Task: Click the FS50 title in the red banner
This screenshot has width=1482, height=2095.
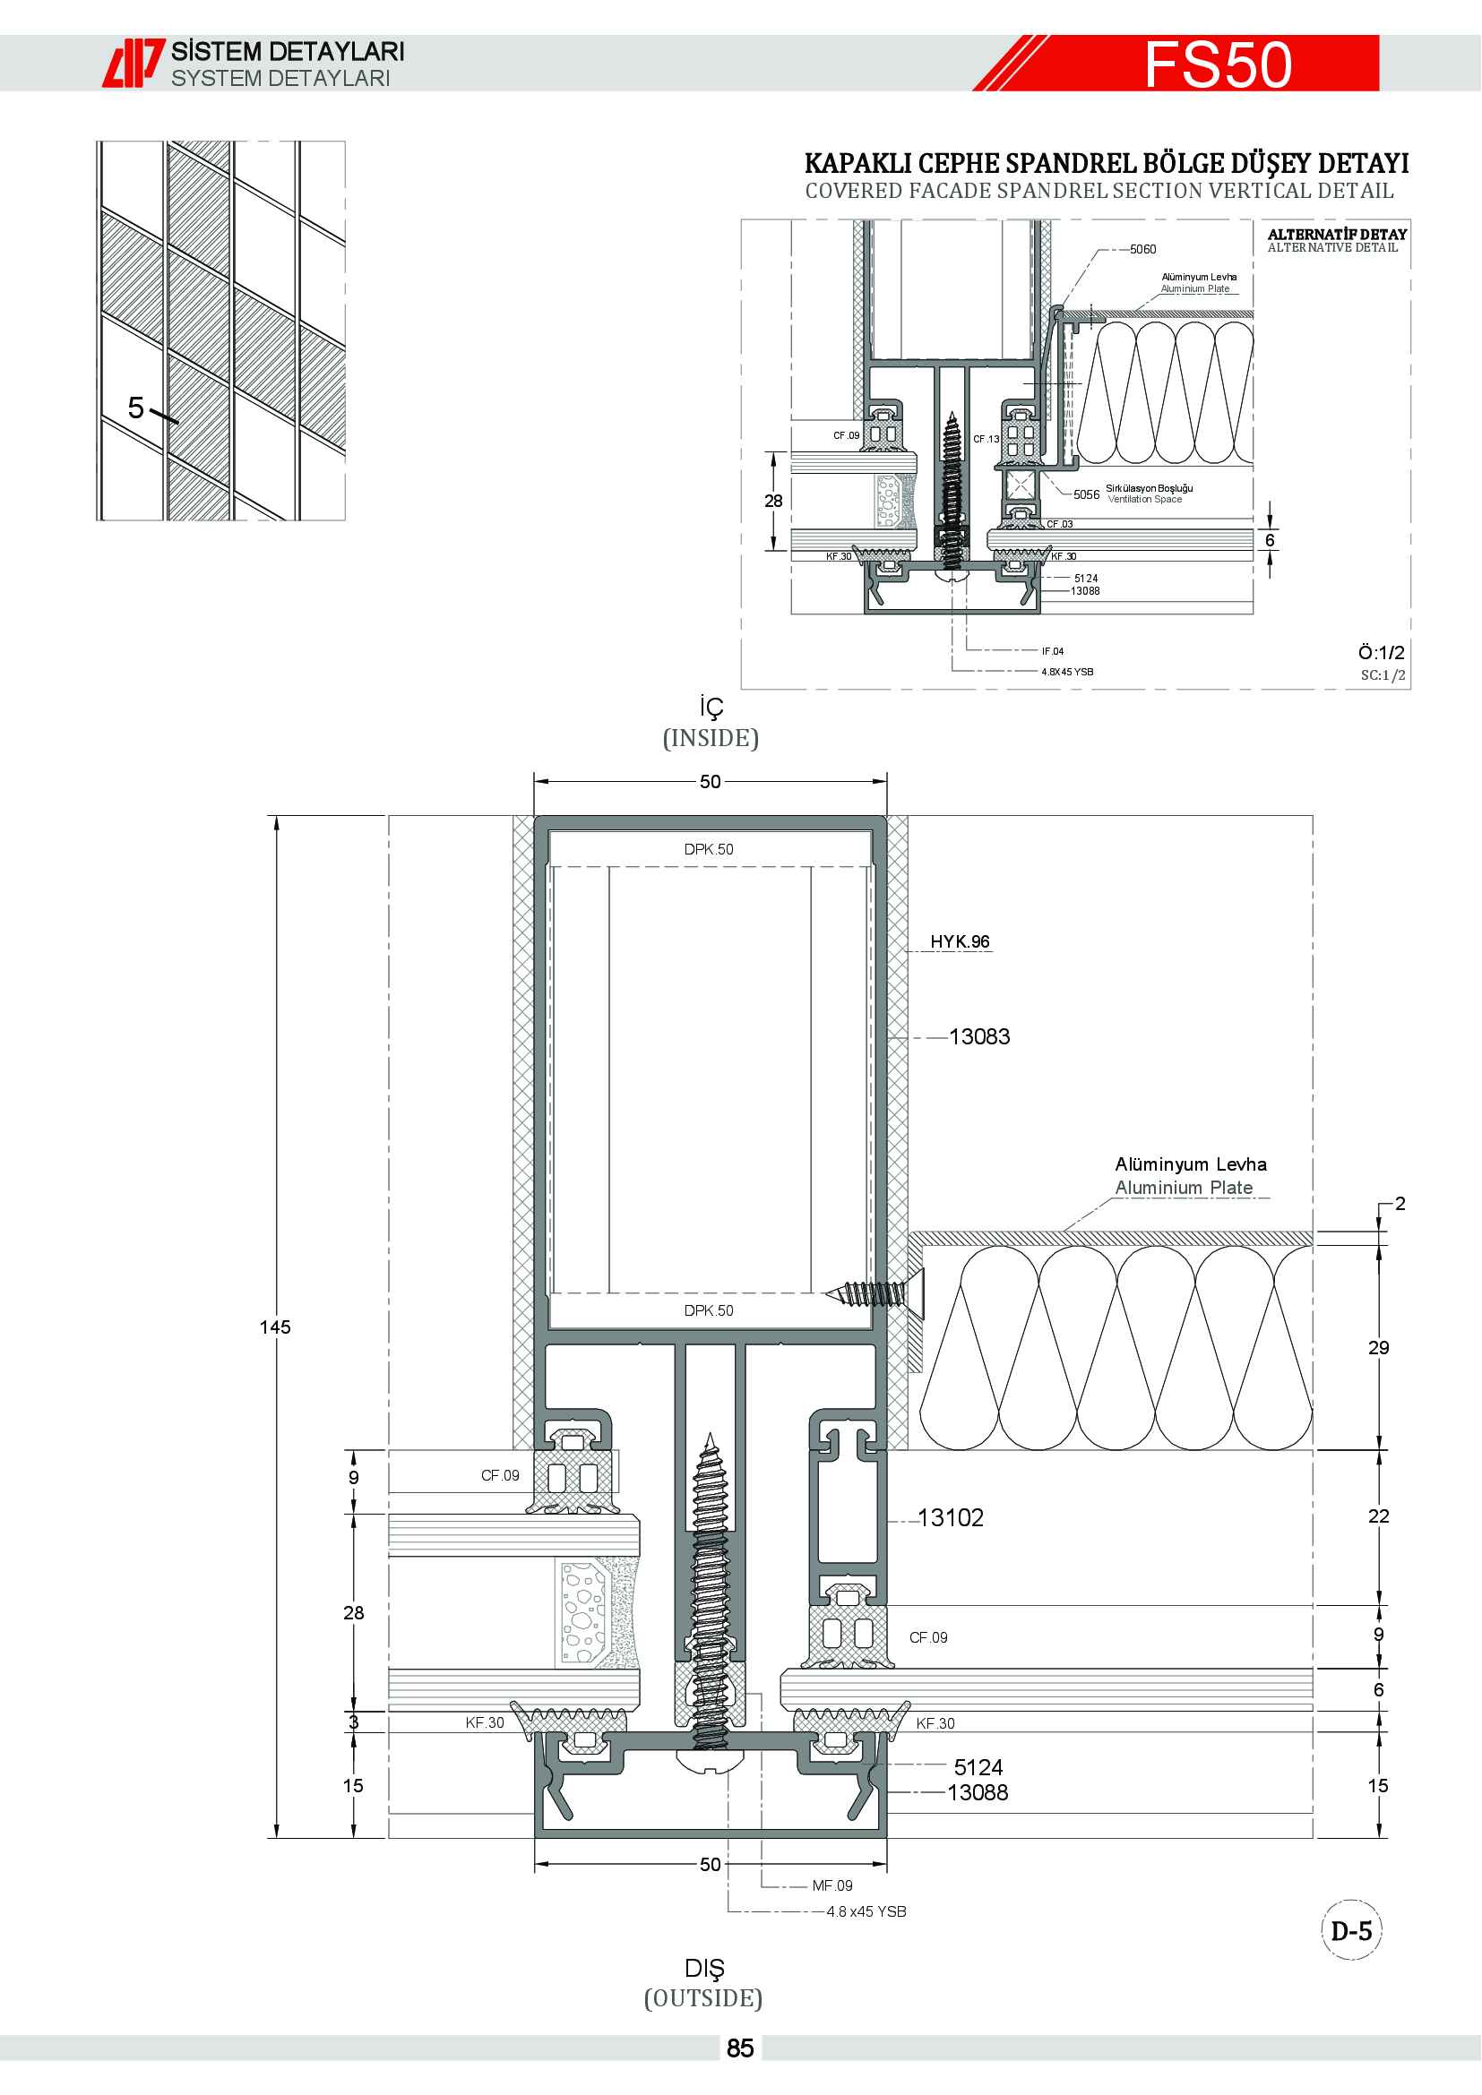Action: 1219,64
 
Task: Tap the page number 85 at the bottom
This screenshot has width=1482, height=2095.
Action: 740,2048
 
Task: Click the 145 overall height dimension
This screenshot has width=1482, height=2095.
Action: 275,1327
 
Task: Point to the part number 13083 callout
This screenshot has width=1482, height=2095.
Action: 979,1036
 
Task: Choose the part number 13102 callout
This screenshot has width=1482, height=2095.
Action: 951,1517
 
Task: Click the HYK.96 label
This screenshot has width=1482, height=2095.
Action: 960,941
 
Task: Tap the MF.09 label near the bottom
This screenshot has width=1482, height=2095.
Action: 832,1885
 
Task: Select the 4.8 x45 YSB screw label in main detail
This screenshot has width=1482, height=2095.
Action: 866,1911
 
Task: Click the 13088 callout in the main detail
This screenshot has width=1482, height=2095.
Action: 978,1793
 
